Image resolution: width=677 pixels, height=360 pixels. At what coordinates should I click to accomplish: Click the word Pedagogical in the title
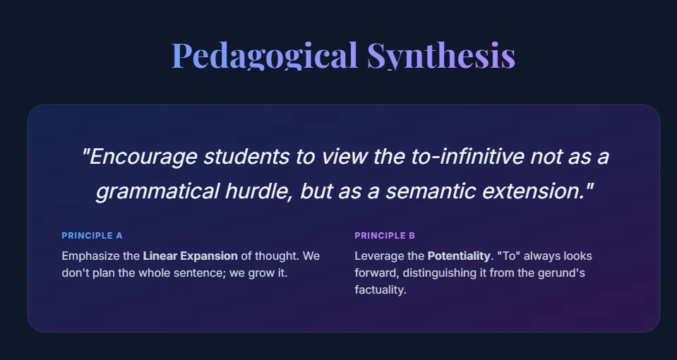(265, 55)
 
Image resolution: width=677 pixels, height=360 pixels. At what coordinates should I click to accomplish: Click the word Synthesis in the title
(441, 55)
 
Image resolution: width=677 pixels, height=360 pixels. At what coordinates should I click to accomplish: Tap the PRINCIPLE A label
(92, 236)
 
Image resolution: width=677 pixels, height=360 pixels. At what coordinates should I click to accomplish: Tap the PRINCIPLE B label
(385, 236)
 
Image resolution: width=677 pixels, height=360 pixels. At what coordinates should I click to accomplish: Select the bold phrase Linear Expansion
(191, 256)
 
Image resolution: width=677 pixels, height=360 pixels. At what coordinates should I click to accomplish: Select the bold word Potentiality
(459, 256)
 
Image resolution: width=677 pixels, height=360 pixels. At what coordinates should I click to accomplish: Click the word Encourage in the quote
(143, 156)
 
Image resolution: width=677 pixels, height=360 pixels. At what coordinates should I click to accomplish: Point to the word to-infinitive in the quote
(467, 156)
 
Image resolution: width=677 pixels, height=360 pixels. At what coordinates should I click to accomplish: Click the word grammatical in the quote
(157, 191)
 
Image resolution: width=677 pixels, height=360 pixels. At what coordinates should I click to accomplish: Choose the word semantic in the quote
(431, 191)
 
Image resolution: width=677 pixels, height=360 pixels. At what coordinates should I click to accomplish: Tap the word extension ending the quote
(534, 191)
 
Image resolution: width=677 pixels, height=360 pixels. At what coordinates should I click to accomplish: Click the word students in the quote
(246, 156)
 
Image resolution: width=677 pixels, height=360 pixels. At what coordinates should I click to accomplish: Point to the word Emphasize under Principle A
(90, 256)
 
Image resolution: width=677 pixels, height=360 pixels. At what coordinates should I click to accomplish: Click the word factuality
(381, 290)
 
